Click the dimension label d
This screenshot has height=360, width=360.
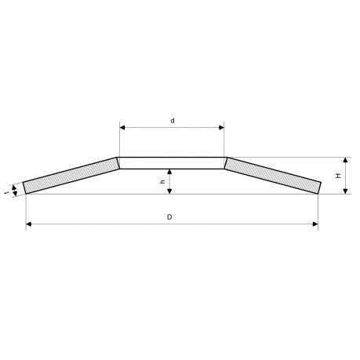pos(173,121)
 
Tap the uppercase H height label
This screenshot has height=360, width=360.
pos(338,176)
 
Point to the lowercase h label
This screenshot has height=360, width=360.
pos(162,182)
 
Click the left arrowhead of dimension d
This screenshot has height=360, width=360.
pos(122,128)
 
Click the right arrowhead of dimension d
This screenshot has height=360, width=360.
pos(221,128)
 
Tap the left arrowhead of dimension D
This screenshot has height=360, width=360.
pos(29,224)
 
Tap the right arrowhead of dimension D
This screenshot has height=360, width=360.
pos(315,224)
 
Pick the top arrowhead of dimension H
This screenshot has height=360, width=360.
pos(346,160)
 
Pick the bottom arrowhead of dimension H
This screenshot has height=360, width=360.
pos(346,191)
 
